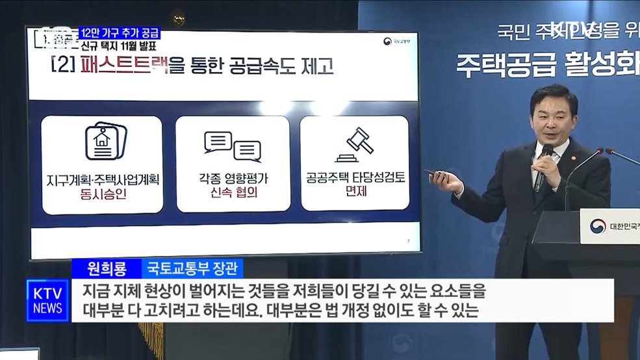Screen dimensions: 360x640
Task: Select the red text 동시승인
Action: [x=102, y=193]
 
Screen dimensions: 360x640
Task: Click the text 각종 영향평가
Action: [x=233, y=177]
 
